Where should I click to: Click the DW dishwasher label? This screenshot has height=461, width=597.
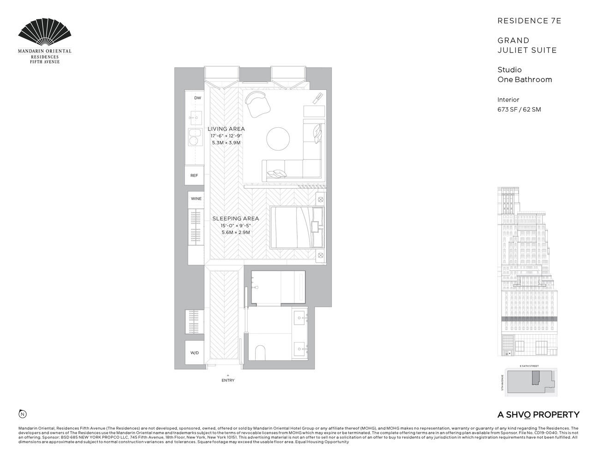(x=197, y=98)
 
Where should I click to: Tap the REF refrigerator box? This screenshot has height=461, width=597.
(x=194, y=176)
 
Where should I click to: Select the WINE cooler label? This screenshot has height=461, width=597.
(x=196, y=199)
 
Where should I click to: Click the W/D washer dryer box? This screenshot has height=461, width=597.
(x=194, y=353)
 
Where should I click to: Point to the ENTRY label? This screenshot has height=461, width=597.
(x=228, y=380)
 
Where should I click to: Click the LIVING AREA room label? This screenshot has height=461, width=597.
(x=226, y=129)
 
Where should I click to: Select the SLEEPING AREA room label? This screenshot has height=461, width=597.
(x=235, y=219)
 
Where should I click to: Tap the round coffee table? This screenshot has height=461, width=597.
(x=278, y=139)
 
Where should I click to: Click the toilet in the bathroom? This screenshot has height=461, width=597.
(x=261, y=353)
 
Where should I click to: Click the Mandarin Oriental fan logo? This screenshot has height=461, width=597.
(x=45, y=33)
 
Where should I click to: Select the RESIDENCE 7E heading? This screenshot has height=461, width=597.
(x=529, y=21)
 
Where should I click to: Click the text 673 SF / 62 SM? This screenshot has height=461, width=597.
(x=519, y=110)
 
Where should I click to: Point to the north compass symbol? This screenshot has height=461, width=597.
(x=22, y=414)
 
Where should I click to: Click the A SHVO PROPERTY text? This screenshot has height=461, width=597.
(x=538, y=415)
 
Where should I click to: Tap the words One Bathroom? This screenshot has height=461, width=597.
(x=525, y=79)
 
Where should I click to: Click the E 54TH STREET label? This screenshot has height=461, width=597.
(x=529, y=366)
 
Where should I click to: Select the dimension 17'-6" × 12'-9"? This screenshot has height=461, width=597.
(x=226, y=136)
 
